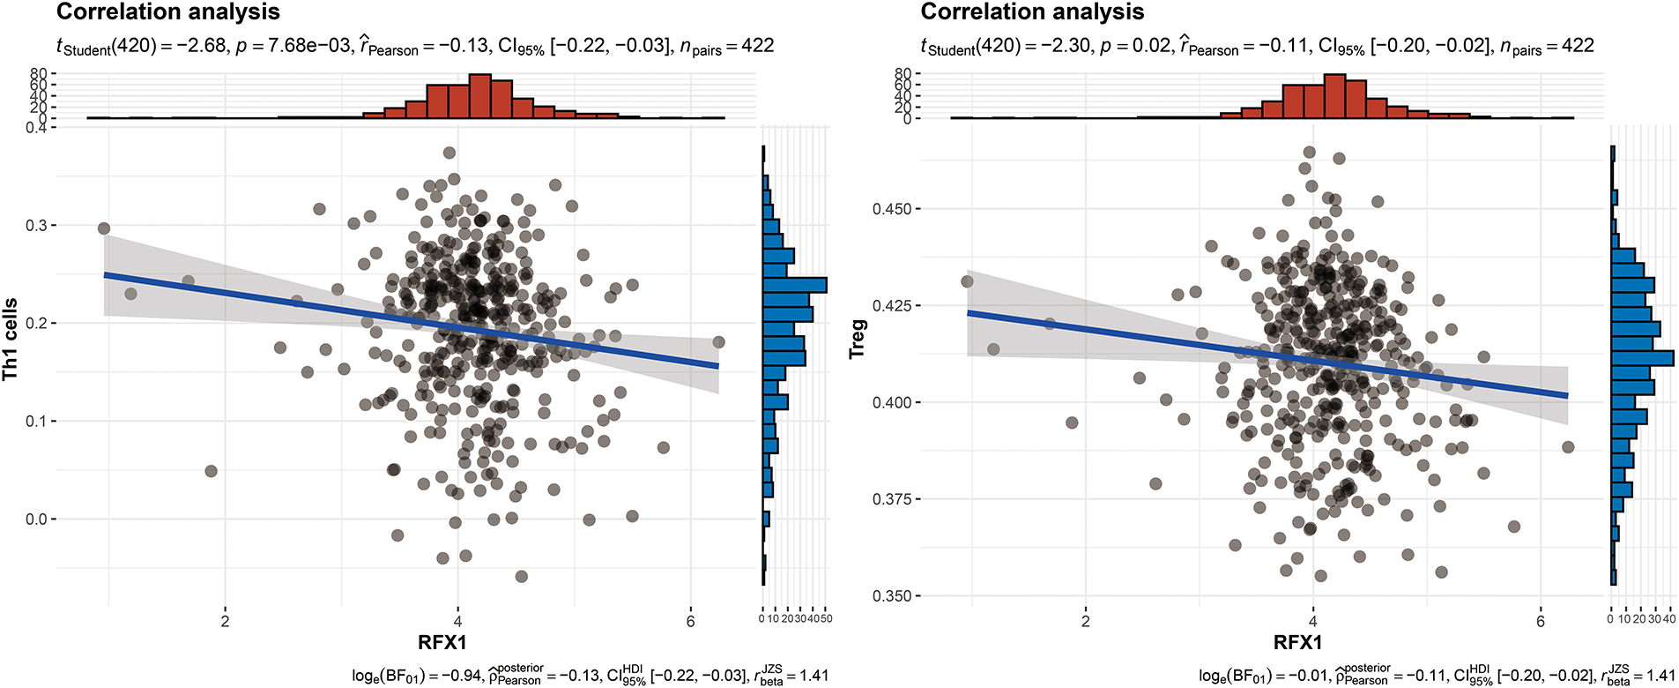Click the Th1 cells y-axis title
pyautogui.click(x=11, y=340)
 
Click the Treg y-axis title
pyautogui.click(x=857, y=340)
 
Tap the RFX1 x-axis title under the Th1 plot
pyautogui.click(x=442, y=642)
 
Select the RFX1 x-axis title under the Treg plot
pyautogui.click(x=1297, y=642)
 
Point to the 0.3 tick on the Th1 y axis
pyautogui.click(x=36, y=226)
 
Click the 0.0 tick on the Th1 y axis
pyautogui.click(x=36, y=520)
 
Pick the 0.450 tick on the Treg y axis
pyautogui.click(x=891, y=209)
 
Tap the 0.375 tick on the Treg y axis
pyautogui.click(x=891, y=499)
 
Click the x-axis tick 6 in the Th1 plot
pyautogui.click(x=690, y=621)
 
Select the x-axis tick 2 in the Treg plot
pyautogui.click(x=1085, y=621)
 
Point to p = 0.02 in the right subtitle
pyautogui.click(x=1138, y=46)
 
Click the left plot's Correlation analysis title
pyautogui.click(x=168, y=12)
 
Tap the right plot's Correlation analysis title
pyautogui.click(x=1032, y=12)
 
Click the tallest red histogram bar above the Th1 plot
pyautogui.click(x=479, y=96)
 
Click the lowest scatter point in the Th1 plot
pyautogui.click(x=521, y=577)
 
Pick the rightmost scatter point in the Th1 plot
pyautogui.click(x=718, y=342)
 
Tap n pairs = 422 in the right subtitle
pyautogui.click(x=1547, y=46)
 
